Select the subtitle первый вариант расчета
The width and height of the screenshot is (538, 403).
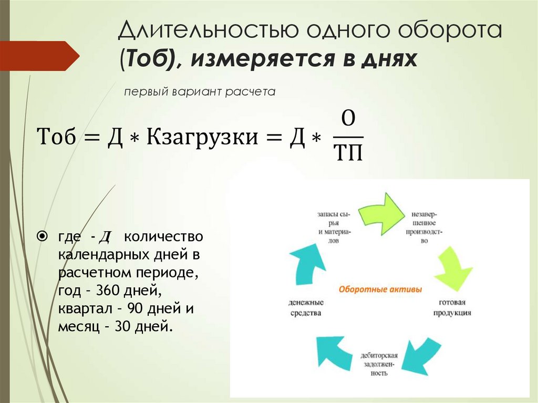tap(200, 92)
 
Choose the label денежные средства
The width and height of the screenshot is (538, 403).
tap(306, 308)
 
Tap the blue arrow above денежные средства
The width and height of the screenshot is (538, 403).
tap(305, 265)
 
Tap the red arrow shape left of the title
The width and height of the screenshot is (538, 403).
tap(39, 56)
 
